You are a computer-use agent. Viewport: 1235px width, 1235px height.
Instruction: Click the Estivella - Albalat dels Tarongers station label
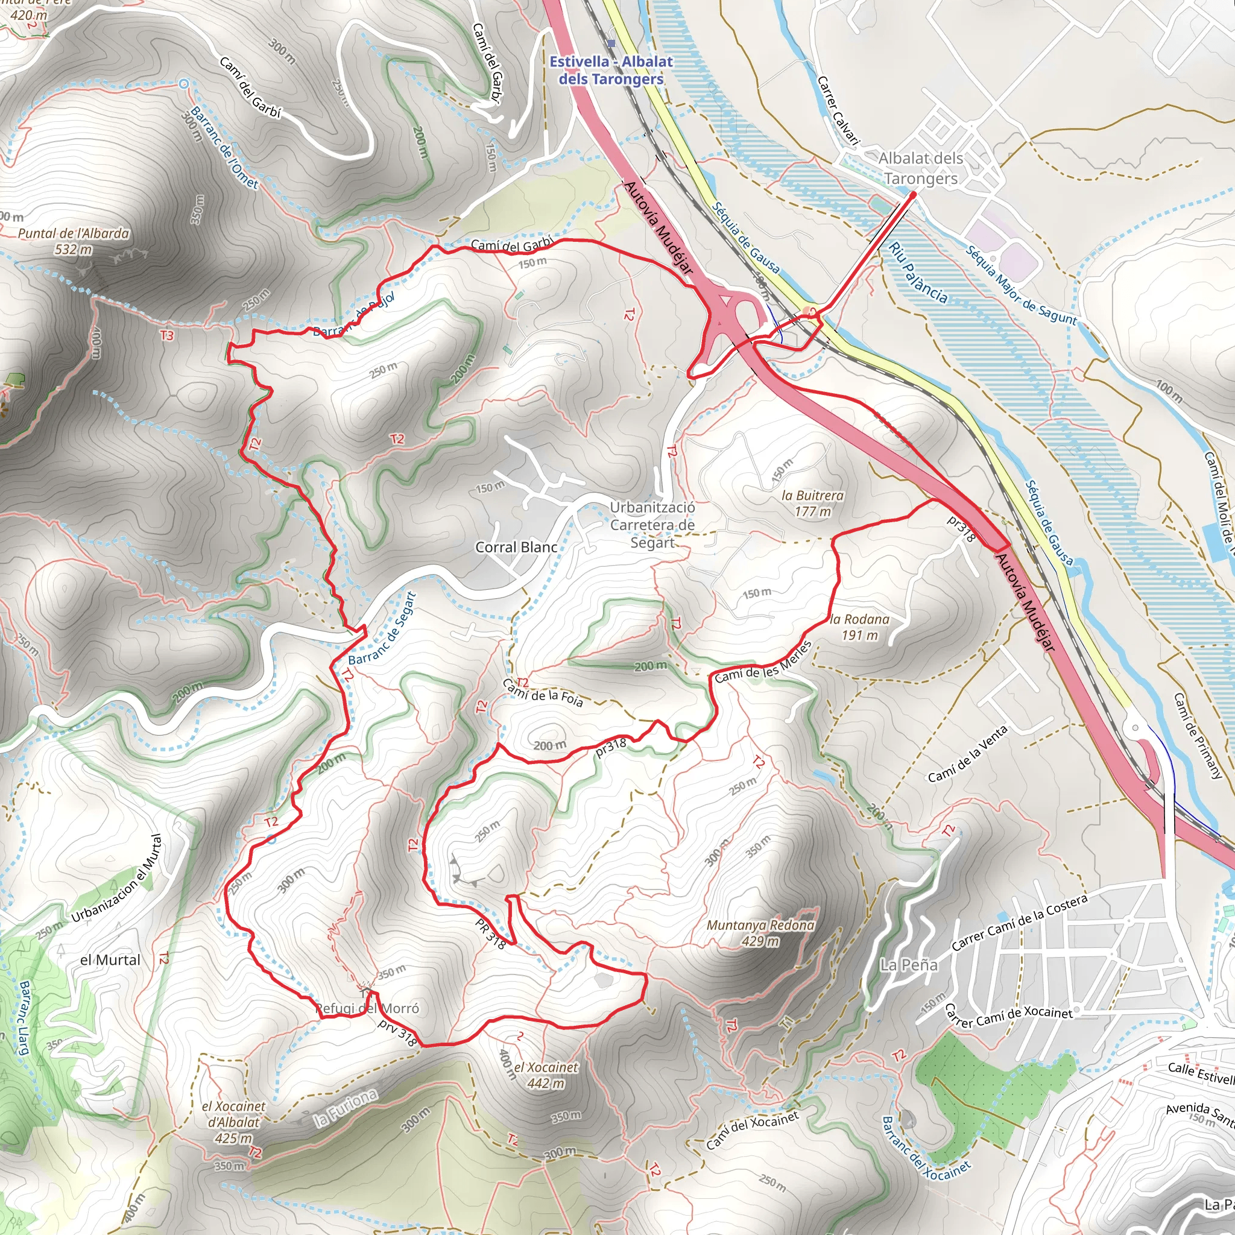tap(611, 71)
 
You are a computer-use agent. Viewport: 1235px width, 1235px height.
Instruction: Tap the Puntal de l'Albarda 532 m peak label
tap(74, 241)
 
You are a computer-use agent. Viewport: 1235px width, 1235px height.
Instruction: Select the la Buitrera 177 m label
tap(812, 503)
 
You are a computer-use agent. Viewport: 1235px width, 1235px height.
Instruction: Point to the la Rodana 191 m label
tap(859, 627)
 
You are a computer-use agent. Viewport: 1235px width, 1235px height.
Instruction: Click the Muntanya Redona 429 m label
tap(760, 933)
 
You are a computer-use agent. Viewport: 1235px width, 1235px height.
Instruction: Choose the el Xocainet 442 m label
tap(545, 1075)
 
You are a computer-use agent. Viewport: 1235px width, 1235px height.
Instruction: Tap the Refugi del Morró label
tap(368, 1008)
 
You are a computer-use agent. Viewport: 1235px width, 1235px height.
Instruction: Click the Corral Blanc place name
tap(516, 547)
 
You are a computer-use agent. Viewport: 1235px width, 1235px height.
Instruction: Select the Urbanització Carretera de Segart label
tap(652, 525)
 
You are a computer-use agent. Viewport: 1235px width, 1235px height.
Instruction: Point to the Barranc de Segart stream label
tap(383, 628)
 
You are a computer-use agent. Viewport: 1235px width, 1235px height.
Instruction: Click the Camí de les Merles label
tap(763, 663)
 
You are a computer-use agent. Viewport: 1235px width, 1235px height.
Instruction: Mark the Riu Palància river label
tap(918, 273)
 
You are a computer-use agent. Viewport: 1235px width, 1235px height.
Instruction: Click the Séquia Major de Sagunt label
tap(1021, 286)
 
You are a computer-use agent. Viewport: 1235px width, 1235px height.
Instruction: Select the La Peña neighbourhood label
tap(908, 965)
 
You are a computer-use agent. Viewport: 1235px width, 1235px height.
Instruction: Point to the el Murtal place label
tap(110, 959)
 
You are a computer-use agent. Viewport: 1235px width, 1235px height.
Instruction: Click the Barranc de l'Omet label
tap(224, 149)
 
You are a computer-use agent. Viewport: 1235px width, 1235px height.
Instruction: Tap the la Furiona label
tap(345, 1108)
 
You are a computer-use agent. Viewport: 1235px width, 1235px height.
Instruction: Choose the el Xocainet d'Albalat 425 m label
tap(233, 1122)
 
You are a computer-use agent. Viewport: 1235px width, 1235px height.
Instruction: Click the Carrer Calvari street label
tap(838, 109)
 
